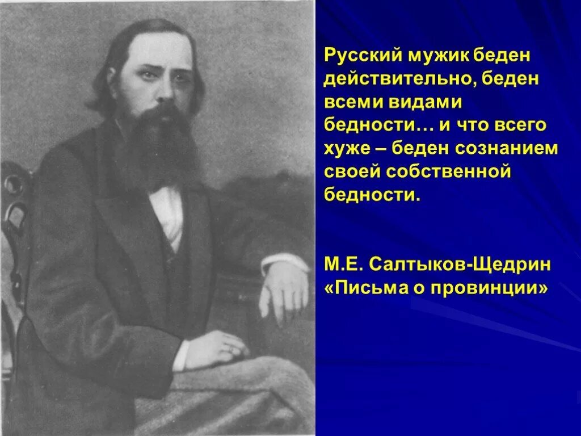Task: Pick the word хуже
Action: tap(345, 148)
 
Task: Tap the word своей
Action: tap(351, 171)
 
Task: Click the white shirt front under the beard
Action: tap(170, 213)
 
